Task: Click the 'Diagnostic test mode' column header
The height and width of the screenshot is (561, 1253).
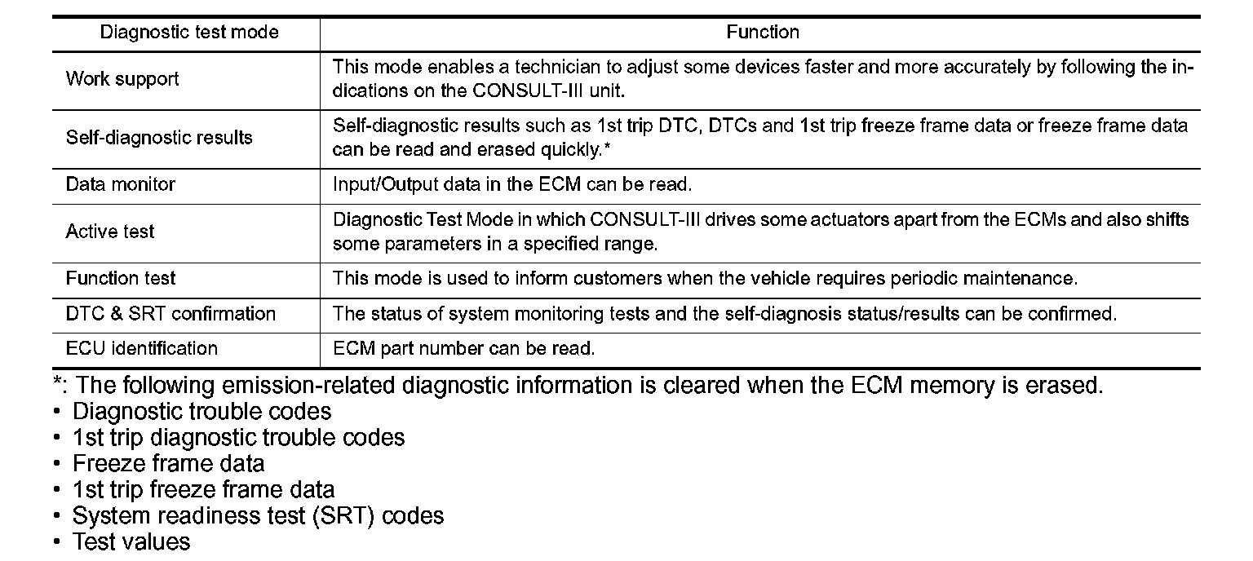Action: pos(188,33)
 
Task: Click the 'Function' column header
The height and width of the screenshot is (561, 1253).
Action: pos(762,33)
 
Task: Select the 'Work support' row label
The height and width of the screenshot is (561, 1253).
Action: pos(122,79)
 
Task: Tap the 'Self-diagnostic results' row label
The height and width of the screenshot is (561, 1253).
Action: pos(159,137)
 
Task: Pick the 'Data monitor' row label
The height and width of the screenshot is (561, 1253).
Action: pos(120,184)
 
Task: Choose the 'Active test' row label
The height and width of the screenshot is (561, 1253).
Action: pos(110,232)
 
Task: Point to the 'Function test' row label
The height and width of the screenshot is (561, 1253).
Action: pos(120,278)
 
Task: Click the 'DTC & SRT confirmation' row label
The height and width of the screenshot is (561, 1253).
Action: pos(170,313)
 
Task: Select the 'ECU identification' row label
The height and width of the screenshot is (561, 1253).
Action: pos(142,348)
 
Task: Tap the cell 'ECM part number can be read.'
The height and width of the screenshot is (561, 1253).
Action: pos(463,349)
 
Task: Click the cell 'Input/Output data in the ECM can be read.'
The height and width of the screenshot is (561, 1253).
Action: pos(511,184)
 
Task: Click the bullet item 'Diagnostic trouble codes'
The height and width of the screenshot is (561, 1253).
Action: pos(201,411)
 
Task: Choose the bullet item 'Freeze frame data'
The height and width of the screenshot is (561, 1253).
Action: pos(168,464)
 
